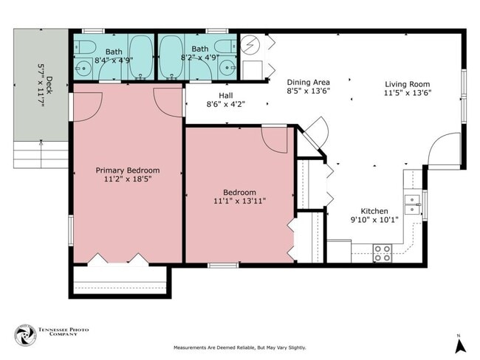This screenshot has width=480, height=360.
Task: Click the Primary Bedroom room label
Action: pyautogui.click(x=128, y=170)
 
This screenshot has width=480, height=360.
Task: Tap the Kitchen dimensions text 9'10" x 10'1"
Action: pyautogui.click(x=374, y=220)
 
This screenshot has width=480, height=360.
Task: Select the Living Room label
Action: pyautogui.click(x=408, y=84)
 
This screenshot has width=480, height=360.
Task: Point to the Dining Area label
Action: pyautogui.click(x=308, y=83)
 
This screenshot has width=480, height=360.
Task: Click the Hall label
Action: pyautogui.click(x=226, y=95)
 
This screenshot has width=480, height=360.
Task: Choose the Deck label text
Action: pyautogui.click(x=49, y=86)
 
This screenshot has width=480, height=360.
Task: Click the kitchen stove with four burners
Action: pyautogui.click(x=383, y=253)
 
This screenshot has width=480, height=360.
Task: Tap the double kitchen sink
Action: pyautogui.click(x=412, y=204)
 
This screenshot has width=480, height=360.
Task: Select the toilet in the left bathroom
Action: pyautogui.click(x=86, y=46)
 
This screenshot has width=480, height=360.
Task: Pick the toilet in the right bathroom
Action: pyautogui.click(x=225, y=46)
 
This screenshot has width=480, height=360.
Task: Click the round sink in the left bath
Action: pyautogui.click(x=82, y=68)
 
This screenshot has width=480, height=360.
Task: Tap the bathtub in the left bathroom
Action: pyautogui.click(x=140, y=57)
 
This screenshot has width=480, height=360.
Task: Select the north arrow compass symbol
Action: pyautogui.click(x=460, y=345)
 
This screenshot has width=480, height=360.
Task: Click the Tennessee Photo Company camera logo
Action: pyautogui.click(x=26, y=335)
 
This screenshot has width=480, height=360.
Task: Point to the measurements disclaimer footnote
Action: pyautogui.click(x=240, y=347)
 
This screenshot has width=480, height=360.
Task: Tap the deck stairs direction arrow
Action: pyautogui.click(x=41, y=153)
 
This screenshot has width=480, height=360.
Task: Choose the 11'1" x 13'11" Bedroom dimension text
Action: pyautogui.click(x=239, y=201)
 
